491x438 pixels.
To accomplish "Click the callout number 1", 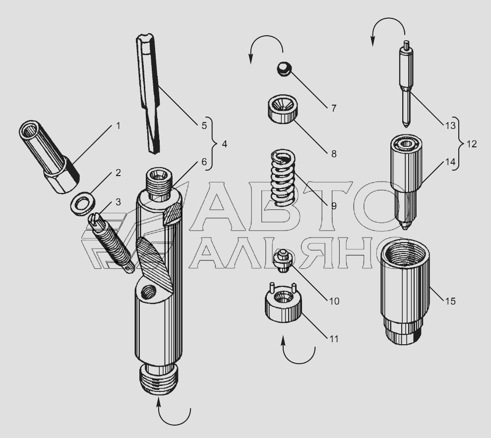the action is pos(118,126).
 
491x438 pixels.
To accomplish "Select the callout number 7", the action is pos(334,108).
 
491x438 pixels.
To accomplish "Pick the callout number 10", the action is pos(334,301).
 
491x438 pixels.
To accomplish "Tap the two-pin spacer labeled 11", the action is pos(283,302).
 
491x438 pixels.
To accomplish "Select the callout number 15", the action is pos(450,301).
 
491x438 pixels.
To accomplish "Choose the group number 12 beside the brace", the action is pos(472,144).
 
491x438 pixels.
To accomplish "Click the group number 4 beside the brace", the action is pos(224,144).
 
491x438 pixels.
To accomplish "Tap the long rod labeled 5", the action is pos(148,94).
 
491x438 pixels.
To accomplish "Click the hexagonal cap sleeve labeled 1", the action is pos(49,156).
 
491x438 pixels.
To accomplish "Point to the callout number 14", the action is pos(450,162).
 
